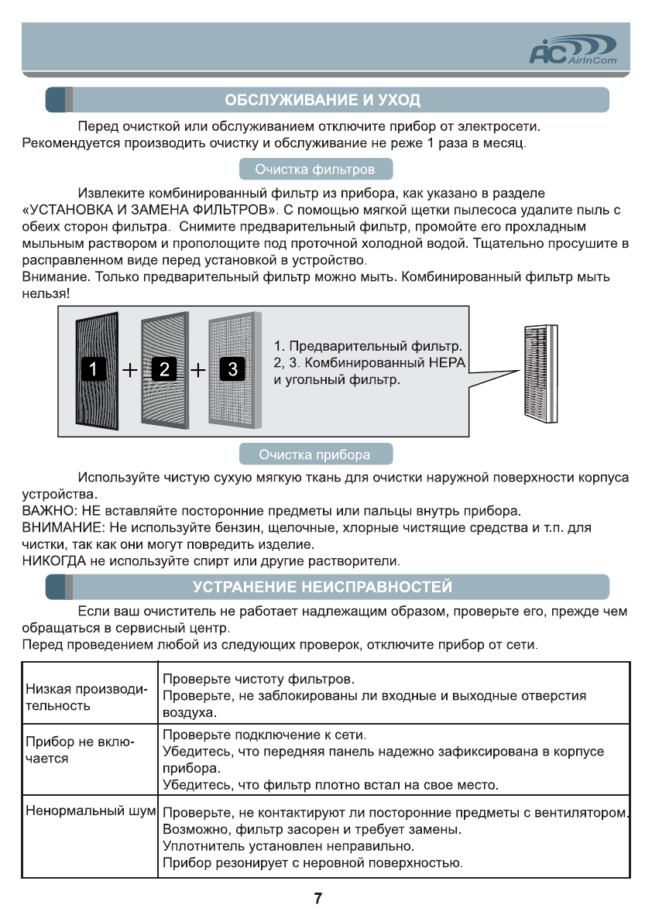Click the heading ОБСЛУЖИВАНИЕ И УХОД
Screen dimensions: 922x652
pos(322,101)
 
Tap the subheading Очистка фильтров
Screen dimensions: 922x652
pos(316,169)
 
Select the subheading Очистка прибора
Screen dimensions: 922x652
pos(314,454)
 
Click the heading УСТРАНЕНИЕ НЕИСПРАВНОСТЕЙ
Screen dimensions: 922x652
pos(322,587)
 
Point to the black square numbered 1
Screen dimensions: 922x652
pos(93,370)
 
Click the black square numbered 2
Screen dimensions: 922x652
pos(164,370)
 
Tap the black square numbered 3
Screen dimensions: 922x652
pos(233,370)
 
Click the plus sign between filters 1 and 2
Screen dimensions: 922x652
pos(129,371)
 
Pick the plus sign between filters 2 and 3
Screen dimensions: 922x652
pos(199,371)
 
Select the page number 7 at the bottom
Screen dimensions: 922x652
pos(318,899)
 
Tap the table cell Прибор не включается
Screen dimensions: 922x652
pos(80,751)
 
